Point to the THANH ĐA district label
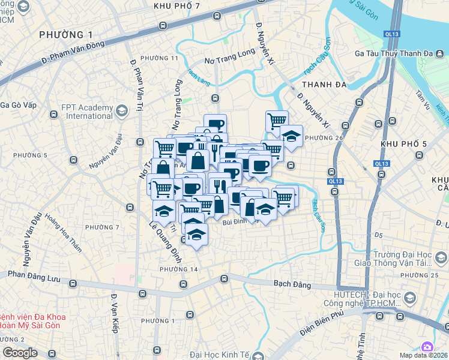pos(325,85)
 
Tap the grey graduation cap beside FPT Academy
pos(122,110)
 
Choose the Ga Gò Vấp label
pos(19,105)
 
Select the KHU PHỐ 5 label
pos(403,144)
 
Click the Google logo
pos(20,353)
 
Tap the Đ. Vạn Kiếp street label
pos(114,313)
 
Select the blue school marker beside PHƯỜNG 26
pos(292,137)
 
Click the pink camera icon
pos(427,347)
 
